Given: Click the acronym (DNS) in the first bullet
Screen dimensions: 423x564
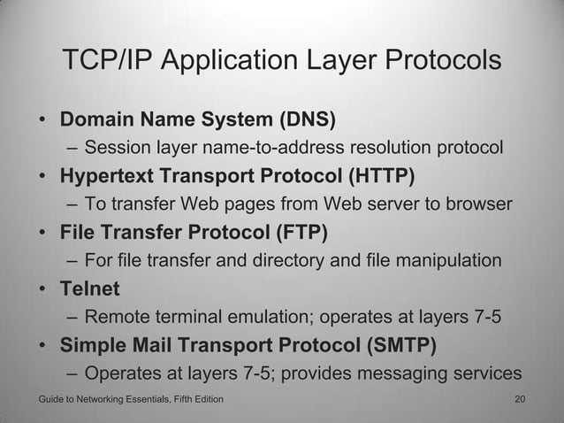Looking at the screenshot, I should tap(309, 119).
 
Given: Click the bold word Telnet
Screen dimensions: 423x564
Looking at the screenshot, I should tap(89, 289).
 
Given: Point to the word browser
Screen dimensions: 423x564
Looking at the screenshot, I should tap(477, 204).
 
